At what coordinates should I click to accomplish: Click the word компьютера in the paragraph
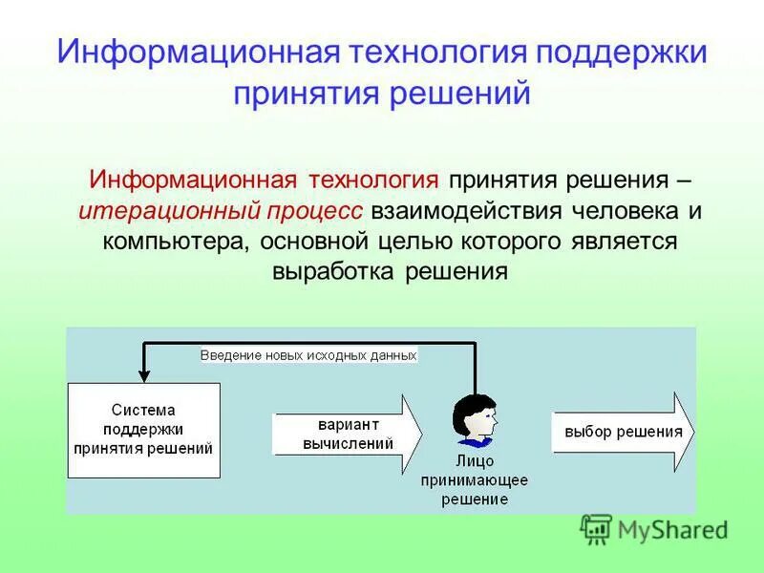click(176, 241)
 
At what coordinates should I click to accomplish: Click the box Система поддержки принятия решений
click(144, 430)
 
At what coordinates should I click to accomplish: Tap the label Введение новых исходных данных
click(308, 355)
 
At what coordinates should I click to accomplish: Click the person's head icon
click(475, 419)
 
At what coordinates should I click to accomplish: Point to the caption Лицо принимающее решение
click(475, 480)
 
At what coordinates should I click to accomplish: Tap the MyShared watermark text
click(672, 529)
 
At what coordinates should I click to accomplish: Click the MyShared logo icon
click(597, 529)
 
